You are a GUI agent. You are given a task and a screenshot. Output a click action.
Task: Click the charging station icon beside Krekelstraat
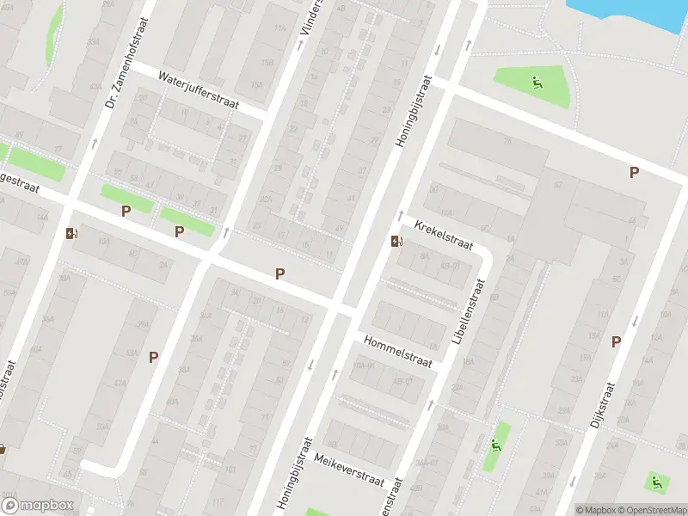pos(396,242)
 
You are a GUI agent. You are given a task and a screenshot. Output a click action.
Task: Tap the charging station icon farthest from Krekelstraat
pos(71,233)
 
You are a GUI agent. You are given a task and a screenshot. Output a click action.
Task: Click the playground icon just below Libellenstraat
pos(495,445)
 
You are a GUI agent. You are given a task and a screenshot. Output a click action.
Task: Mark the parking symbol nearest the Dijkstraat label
pos(616,341)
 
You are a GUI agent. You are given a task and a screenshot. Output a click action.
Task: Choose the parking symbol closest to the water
pos(634,172)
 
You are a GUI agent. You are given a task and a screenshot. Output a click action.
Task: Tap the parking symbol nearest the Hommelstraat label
pos(279,273)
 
